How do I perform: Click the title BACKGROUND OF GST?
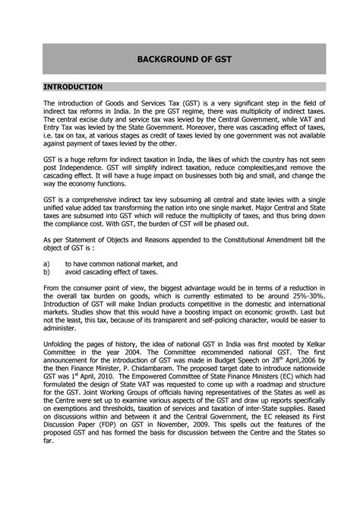pos(179,58)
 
